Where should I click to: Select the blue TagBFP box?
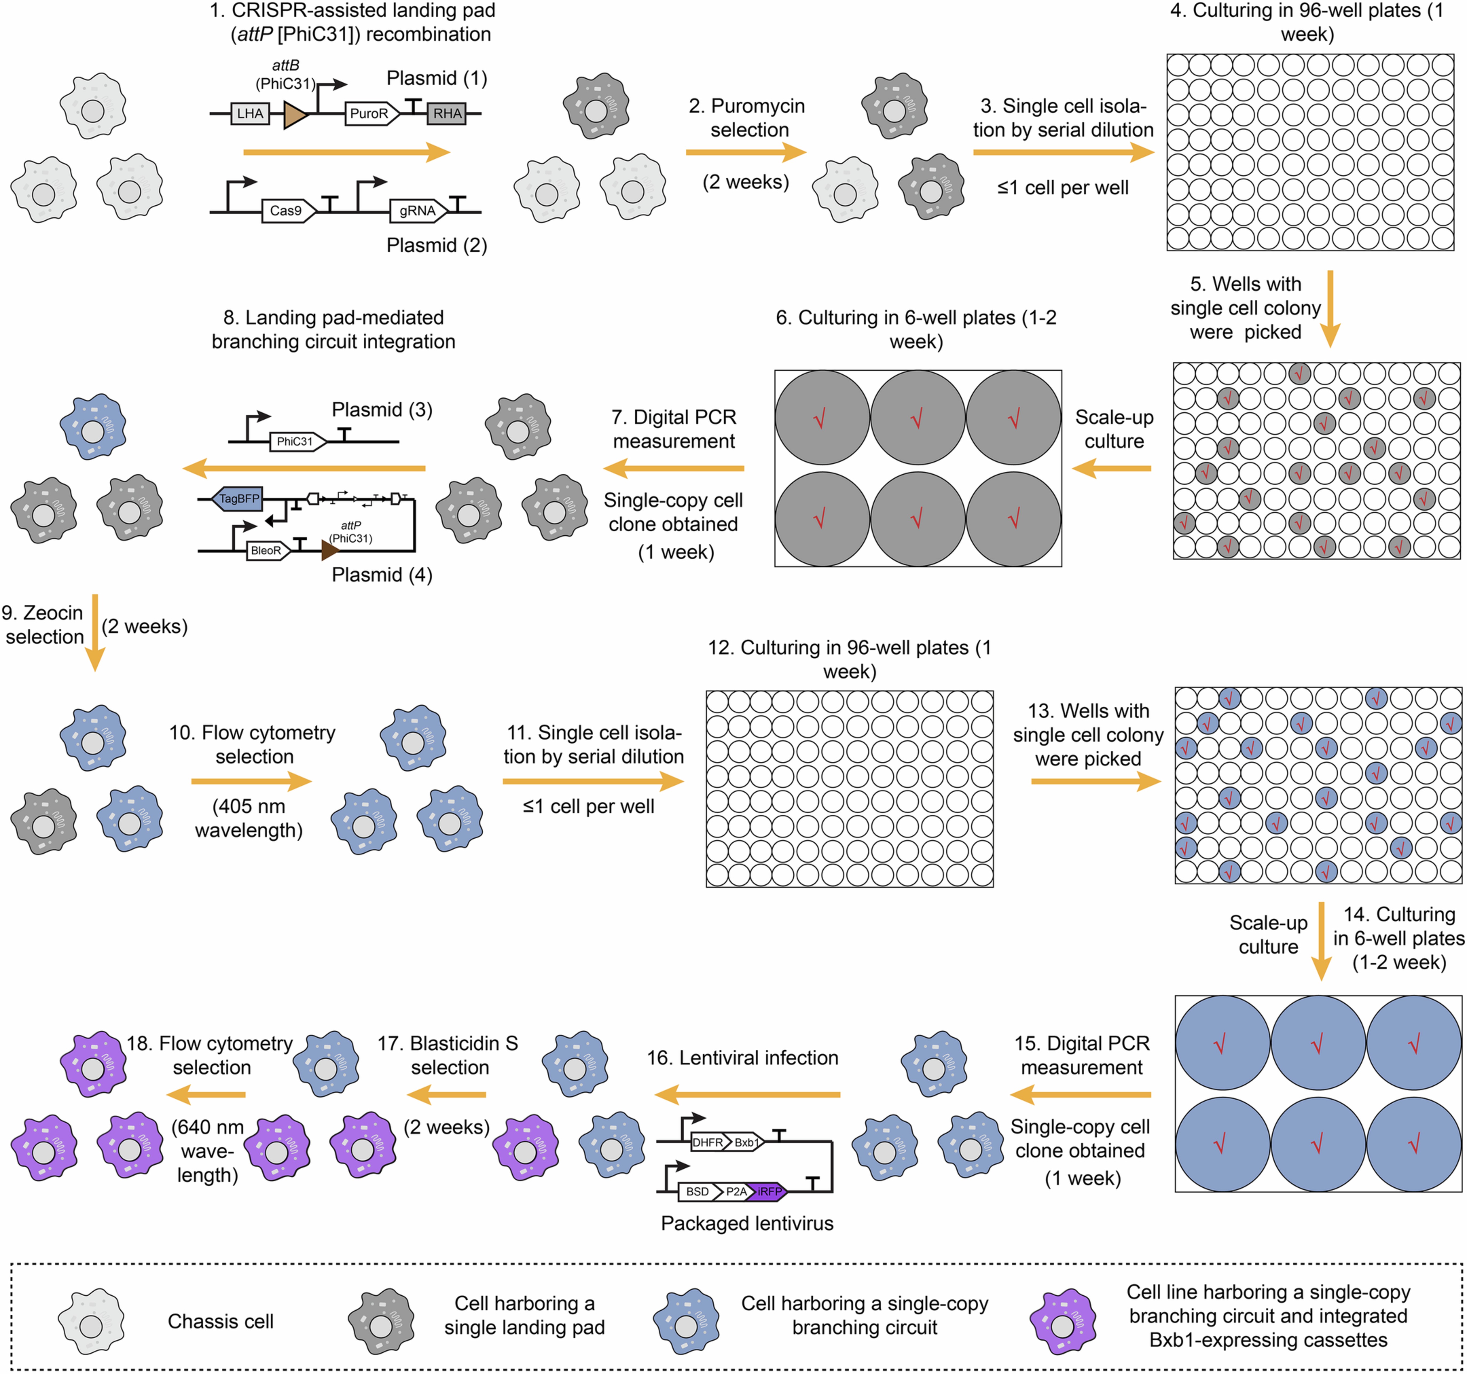[x=238, y=499]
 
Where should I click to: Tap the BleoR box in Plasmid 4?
[x=267, y=551]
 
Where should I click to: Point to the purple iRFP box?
[x=767, y=1191]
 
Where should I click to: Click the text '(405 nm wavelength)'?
[x=249, y=818]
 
